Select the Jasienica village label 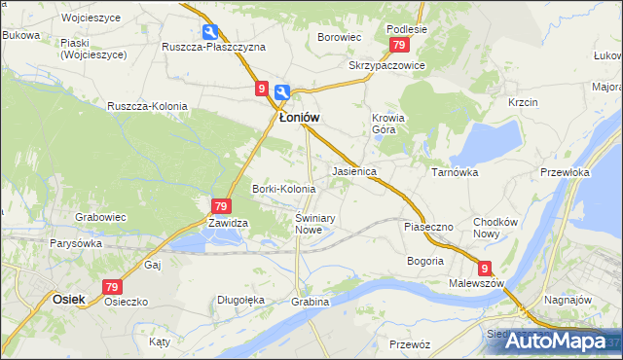[354, 170]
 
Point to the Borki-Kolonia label [283, 188]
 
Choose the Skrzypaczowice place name [387, 64]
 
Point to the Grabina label [311, 302]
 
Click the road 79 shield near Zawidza [221, 205]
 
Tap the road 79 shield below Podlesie [398, 46]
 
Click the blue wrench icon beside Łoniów [281, 93]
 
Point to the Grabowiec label [101, 216]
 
